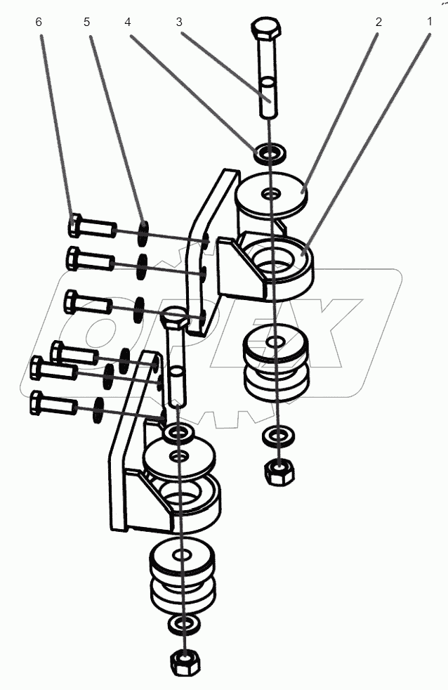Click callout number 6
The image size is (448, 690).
click(x=39, y=22)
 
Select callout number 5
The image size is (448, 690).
click(x=87, y=22)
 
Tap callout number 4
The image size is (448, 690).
click(x=128, y=22)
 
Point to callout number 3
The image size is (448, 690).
click(x=179, y=22)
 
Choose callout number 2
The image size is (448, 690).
click(x=378, y=22)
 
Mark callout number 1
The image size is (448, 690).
click(x=428, y=22)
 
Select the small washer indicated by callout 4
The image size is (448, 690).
click(x=269, y=151)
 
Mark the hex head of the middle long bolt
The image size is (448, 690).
click(x=173, y=320)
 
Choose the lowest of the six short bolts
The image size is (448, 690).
click(x=53, y=404)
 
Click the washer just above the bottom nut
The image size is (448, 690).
click(x=183, y=623)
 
